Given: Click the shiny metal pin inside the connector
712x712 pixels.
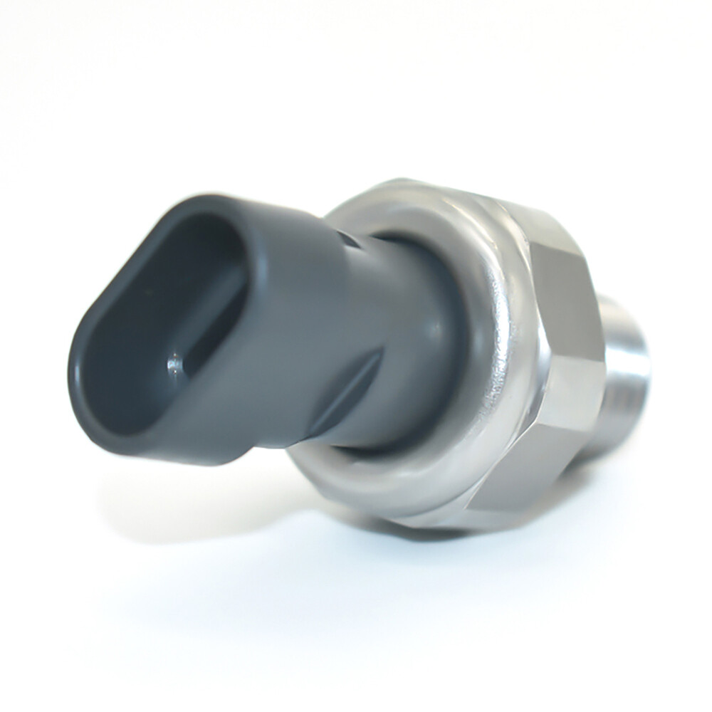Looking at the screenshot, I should click(174, 366).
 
